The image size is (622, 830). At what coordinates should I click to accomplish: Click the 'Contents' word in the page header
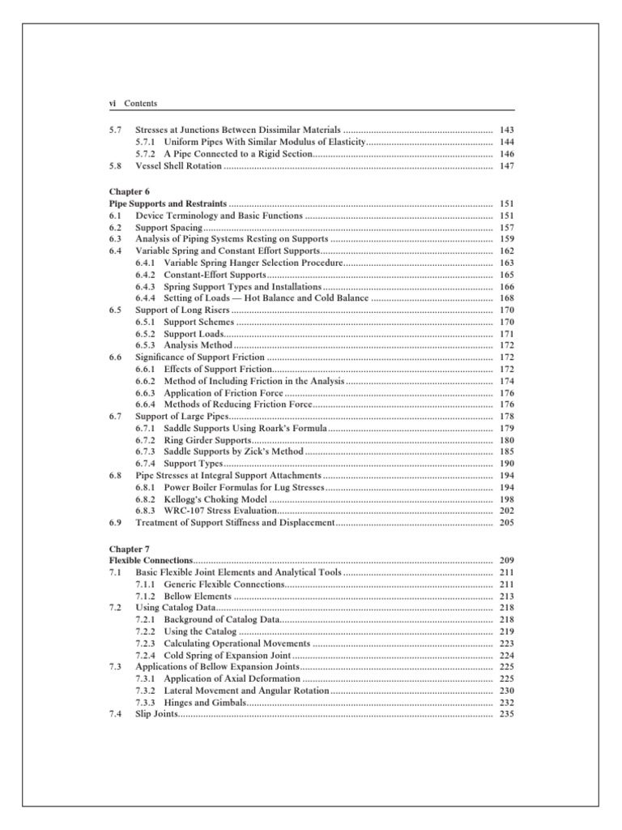pyautogui.click(x=141, y=104)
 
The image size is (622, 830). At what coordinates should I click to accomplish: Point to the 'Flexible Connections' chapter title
pyautogui.click(x=151, y=561)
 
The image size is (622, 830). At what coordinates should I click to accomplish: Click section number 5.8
pyautogui.click(x=115, y=165)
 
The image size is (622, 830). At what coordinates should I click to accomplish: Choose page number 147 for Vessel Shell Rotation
pyautogui.click(x=507, y=165)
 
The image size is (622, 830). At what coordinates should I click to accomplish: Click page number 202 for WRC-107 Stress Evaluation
pyautogui.click(x=507, y=511)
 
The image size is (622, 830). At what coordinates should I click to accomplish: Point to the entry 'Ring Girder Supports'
pyautogui.click(x=207, y=440)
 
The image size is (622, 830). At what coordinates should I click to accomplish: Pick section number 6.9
pyautogui.click(x=115, y=524)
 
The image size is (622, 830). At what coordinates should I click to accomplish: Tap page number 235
pyautogui.click(x=507, y=714)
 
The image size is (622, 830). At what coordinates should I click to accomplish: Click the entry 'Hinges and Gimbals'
pyautogui.click(x=205, y=702)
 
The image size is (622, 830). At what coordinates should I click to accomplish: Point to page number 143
pyautogui.click(x=507, y=130)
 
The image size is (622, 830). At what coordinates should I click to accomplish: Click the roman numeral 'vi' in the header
pyautogui.click(x=113, y=104)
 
